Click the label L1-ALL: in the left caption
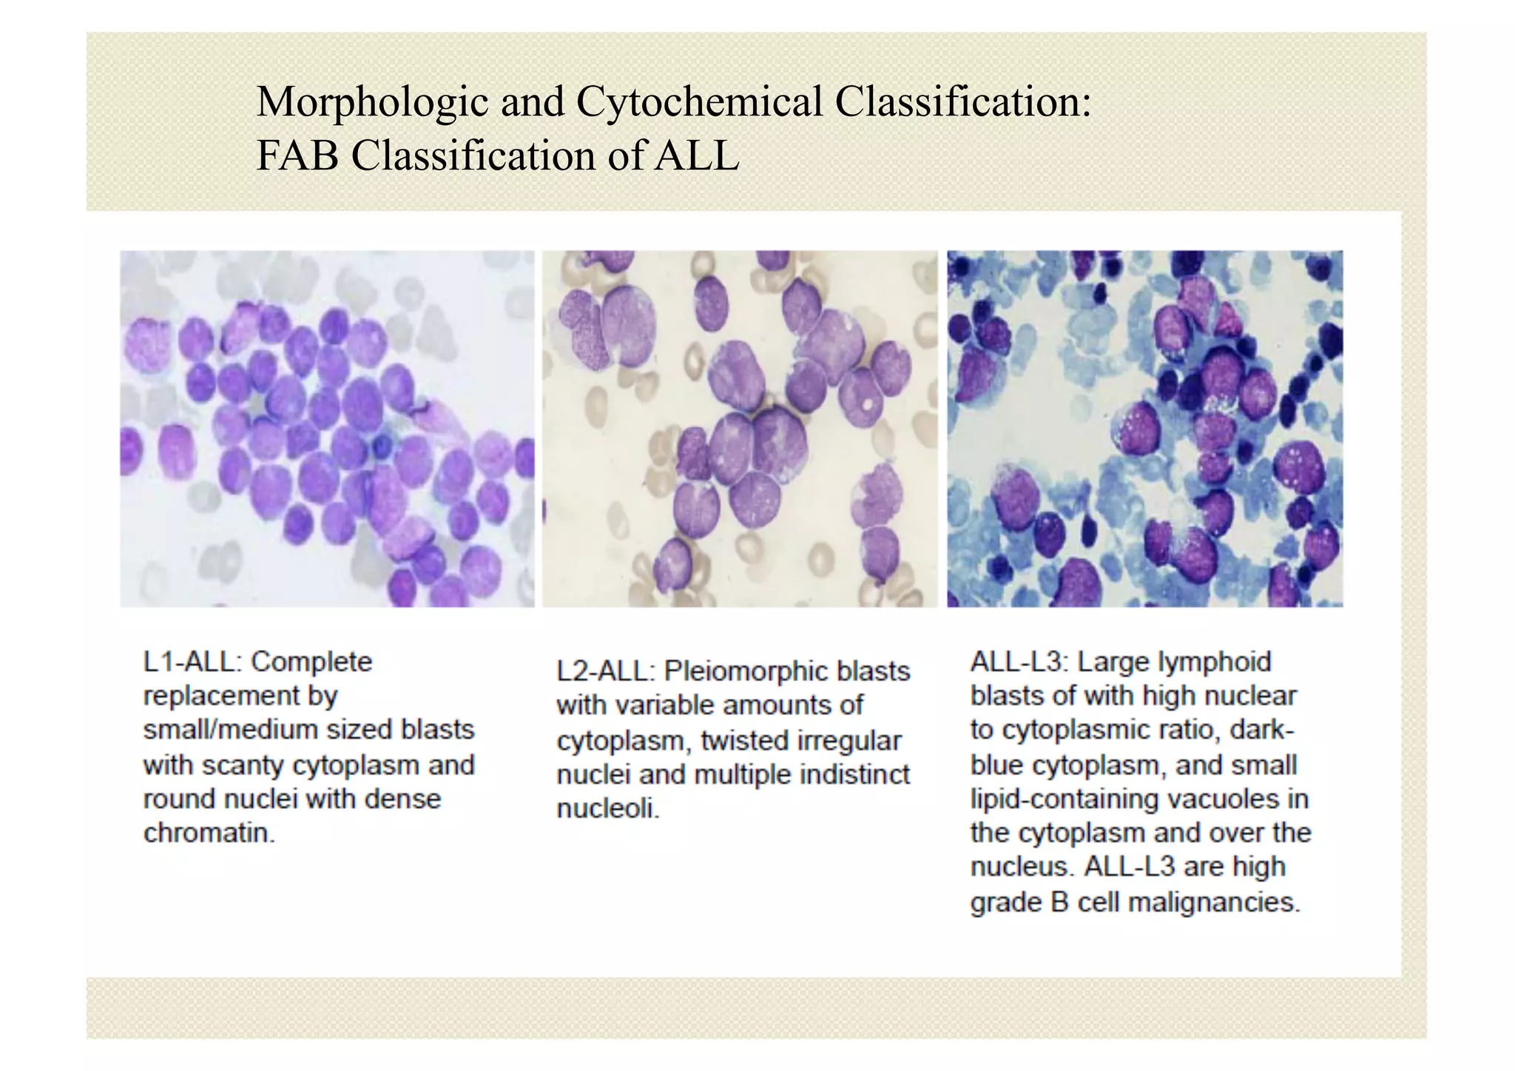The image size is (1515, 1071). pos(192,662)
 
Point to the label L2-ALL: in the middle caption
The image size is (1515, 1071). pos(605,671)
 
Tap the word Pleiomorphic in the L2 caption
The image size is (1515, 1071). pos(740,671)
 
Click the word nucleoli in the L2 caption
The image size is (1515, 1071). pos(607,808)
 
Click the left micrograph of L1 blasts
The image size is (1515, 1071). pos(327,429)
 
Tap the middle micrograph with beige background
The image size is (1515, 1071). pos(740,429)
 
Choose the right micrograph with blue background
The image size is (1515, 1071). pos(1144,429)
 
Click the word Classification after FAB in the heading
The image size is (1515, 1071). pos(473,155)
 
